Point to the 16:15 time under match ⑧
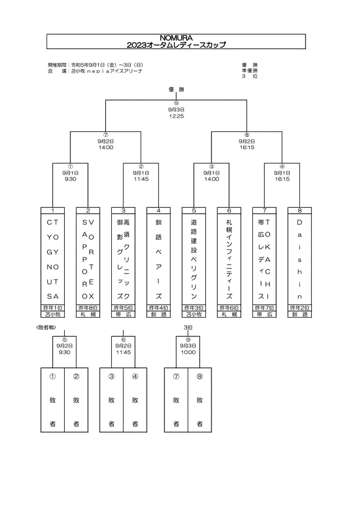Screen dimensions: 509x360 click(x=247, y=147)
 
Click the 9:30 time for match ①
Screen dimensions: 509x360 click(x=70, y=179)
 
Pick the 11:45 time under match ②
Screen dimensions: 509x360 click(x=141, y=179)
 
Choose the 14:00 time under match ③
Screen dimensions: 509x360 click(x=212, y=179)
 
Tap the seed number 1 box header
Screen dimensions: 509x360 click(x=53, y=210)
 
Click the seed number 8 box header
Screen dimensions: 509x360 click(x=299, y=210)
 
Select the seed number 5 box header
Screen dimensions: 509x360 click(x=194, y=210)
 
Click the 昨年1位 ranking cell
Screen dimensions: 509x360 click(x=53, y=308)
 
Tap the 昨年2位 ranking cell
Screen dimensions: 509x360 click(x=299, y=308)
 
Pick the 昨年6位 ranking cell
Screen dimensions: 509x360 click(x=229, y=308)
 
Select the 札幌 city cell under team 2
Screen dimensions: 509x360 click(x=88, y=314)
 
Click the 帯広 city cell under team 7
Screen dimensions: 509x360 click(x=264, y=314)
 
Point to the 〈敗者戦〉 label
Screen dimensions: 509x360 click(x=45, y=327)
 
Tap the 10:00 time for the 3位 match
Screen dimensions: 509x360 click(x=188, y=352)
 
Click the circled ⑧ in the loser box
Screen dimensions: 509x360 click(x=199, y=375)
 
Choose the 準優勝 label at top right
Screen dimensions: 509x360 click(x=250, y=70)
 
